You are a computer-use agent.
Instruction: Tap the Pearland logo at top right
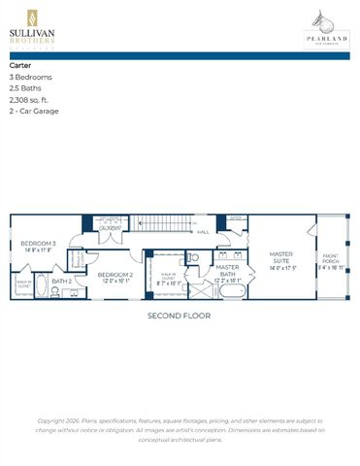327,27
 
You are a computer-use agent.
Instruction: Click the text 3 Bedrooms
31,77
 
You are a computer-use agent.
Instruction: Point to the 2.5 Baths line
25,88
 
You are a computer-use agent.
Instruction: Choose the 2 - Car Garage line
35,112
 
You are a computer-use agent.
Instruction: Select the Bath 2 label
61,282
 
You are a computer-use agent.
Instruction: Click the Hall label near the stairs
203,232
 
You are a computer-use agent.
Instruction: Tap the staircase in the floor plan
160,223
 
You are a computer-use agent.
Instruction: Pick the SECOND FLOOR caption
179,316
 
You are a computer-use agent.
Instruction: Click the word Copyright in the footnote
54,420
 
